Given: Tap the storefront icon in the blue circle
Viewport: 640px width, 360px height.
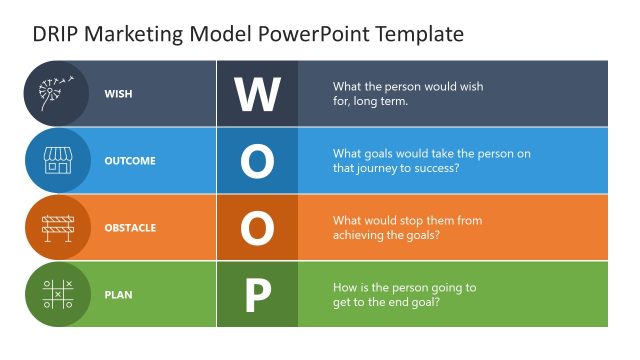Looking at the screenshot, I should pyautogui.click(x=56, y=160).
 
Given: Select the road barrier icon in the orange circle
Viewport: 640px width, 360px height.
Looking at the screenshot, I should pyautogui.click(x=56, y=227).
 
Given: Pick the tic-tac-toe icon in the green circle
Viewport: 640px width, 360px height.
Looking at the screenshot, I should pyautogui.click(x=56, y=294).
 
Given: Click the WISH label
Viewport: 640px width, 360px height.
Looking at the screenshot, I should pyautogui.click(x=118, y=94).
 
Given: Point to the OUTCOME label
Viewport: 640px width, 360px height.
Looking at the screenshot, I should pyautogui.click(x=129, y=161).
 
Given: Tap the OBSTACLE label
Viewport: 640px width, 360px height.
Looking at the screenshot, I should pyautogui.click(x=130, y=228).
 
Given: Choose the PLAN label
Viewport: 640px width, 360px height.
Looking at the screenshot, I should pyautogui.click(x=118, y=295).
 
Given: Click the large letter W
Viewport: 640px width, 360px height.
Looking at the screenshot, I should pyautogui.click(x=257, y=94).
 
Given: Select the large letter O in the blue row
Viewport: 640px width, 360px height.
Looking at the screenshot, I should pyautogui.click(x=257, y=161).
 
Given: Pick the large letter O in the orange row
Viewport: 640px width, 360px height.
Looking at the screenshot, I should pyautogui.click(x=257, y=228).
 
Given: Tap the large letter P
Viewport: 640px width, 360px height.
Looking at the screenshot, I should pyautogui.click(x=257, y=295).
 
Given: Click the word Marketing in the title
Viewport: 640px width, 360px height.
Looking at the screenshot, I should pyautogui.click(x=136, y=34).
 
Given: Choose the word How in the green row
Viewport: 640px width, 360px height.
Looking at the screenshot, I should pyautogui.click(x=346, y=287).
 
